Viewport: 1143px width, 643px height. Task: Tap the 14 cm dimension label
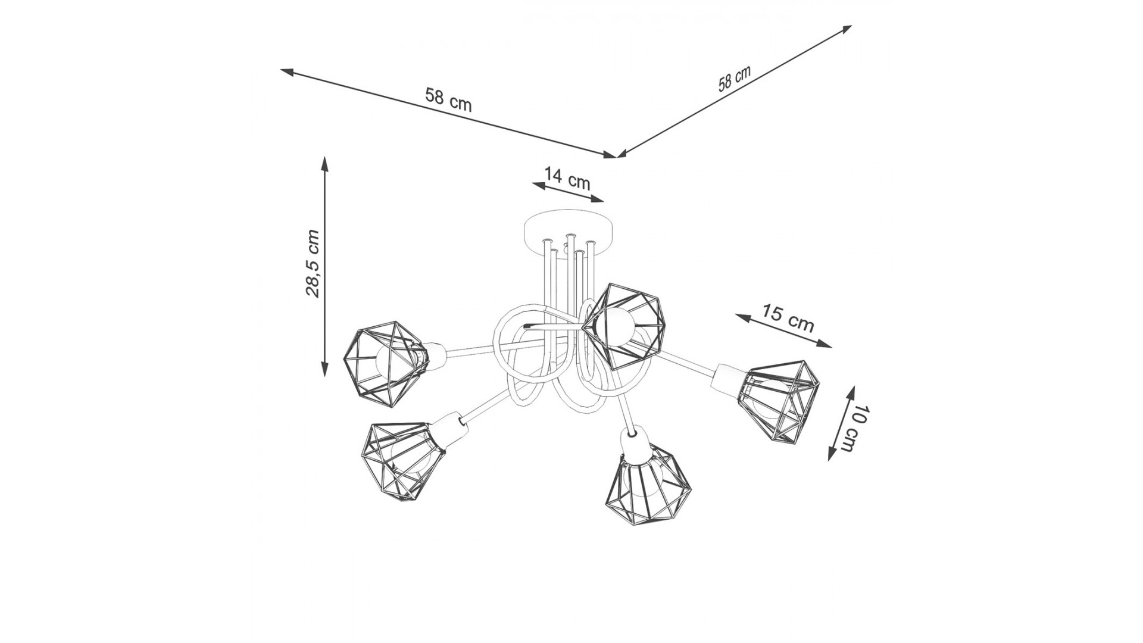pyautogui.click(x=567, y=178)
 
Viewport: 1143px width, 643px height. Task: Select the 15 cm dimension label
pyautogui.click(x=788, y=318)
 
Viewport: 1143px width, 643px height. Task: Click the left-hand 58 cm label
pyautogui.click(x=448, y=99)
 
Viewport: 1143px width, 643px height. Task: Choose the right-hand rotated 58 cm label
pyautogui.click(x=734, y=78)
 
